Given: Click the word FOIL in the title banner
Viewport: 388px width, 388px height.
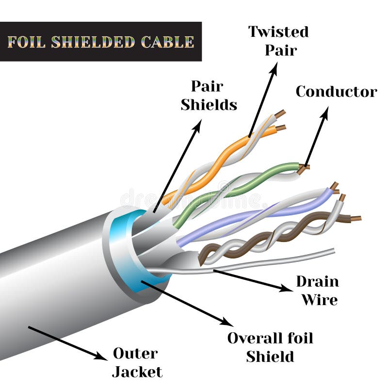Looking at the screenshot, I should pyautogui.click(x=27, y=42).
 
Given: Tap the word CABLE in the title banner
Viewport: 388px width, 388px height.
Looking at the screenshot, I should pyautogui.click(x=167, y=42).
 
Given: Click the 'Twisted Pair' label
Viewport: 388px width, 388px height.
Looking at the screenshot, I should pyautogui.click(x=278, y=41).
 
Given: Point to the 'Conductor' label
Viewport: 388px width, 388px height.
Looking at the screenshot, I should pyautogui.click(x=336, y=92).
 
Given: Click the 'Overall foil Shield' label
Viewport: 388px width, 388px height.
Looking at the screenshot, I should pyautogui.click(x=270, y=347).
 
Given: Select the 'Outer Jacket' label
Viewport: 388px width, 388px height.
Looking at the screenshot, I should pyautogui.click(x=136, y=362).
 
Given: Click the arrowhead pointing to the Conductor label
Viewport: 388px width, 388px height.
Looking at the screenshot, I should pyautogui.click(x=324, y=112).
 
